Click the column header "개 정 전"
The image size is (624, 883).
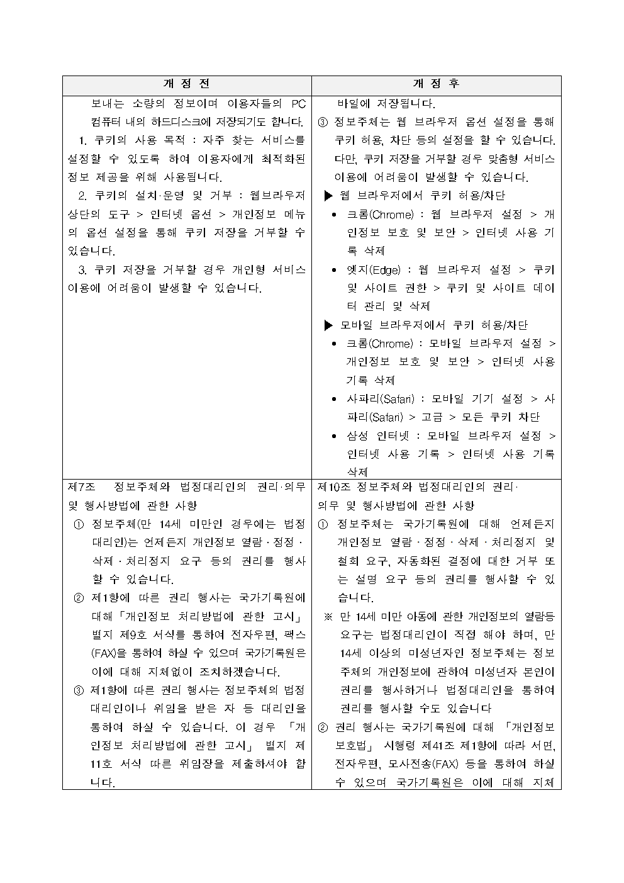click(x=187, y=84)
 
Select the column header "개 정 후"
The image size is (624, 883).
click(x=436, y=84)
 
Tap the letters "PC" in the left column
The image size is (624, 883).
click(x=298, y=103)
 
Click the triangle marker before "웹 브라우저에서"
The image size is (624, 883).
click(x=328, y=196)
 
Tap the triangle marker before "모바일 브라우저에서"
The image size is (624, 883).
click(x=328, y=325)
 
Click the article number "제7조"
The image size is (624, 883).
click(x=81, y=487)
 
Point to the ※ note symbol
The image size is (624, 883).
click(x=328, y=617)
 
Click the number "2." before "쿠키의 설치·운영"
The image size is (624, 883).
click(x=82, y=196)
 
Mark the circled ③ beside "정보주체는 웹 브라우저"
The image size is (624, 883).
click(x=323, y=121)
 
